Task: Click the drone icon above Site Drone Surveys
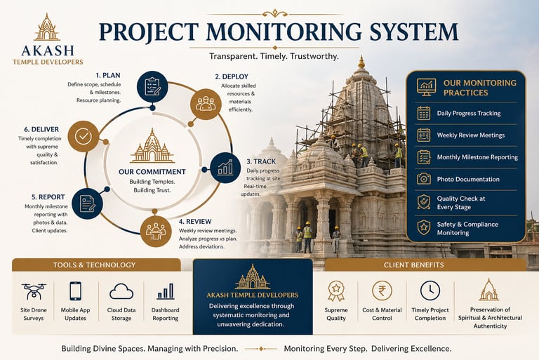32,291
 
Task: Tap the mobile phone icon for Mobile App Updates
75,291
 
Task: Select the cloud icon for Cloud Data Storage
121,291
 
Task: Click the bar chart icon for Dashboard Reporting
166,291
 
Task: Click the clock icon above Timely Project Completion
430,290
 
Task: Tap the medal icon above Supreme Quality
336,290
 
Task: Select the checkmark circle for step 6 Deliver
83,136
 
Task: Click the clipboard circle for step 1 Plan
152,87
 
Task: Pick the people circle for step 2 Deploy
206,103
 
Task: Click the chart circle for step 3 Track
225,168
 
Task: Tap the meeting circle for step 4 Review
155,229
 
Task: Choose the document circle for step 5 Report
87,203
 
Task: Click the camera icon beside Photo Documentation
423,179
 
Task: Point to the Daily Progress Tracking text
469,113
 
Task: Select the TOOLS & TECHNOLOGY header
94,265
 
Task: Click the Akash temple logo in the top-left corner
47,28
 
